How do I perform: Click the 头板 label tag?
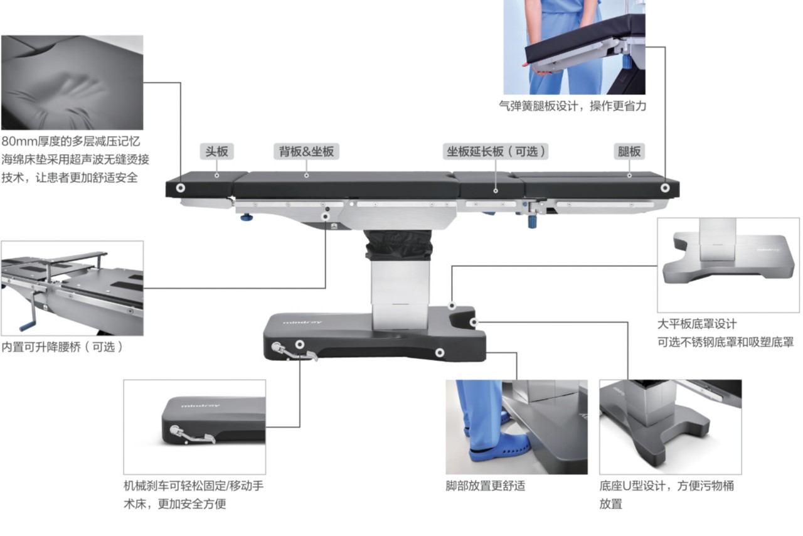click(x=216, y=151)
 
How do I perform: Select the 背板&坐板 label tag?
click(x=307, y=151)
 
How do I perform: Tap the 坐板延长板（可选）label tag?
click(x=496, y=151)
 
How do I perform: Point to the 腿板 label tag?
click(x=629, y=151)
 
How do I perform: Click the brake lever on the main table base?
click(x=294, y=352)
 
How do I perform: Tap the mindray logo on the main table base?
click(x=302, y=322)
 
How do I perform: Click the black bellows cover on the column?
click(x=398, y=245)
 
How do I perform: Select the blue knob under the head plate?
click(x=246, y=217)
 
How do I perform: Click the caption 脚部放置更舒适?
click(x=486, y=486)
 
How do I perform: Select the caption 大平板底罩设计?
click(x=697, y=324)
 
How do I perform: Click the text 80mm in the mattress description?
click(x=19, y=141)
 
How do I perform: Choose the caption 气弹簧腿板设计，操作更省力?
click(x=573, y=106)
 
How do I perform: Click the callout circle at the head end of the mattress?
click(x=180, y=188)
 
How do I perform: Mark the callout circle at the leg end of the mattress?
click(x=665, y=188)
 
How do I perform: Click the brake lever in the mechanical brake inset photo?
click(x=192, y=435)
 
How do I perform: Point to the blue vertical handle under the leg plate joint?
click(x=533, y=221)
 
